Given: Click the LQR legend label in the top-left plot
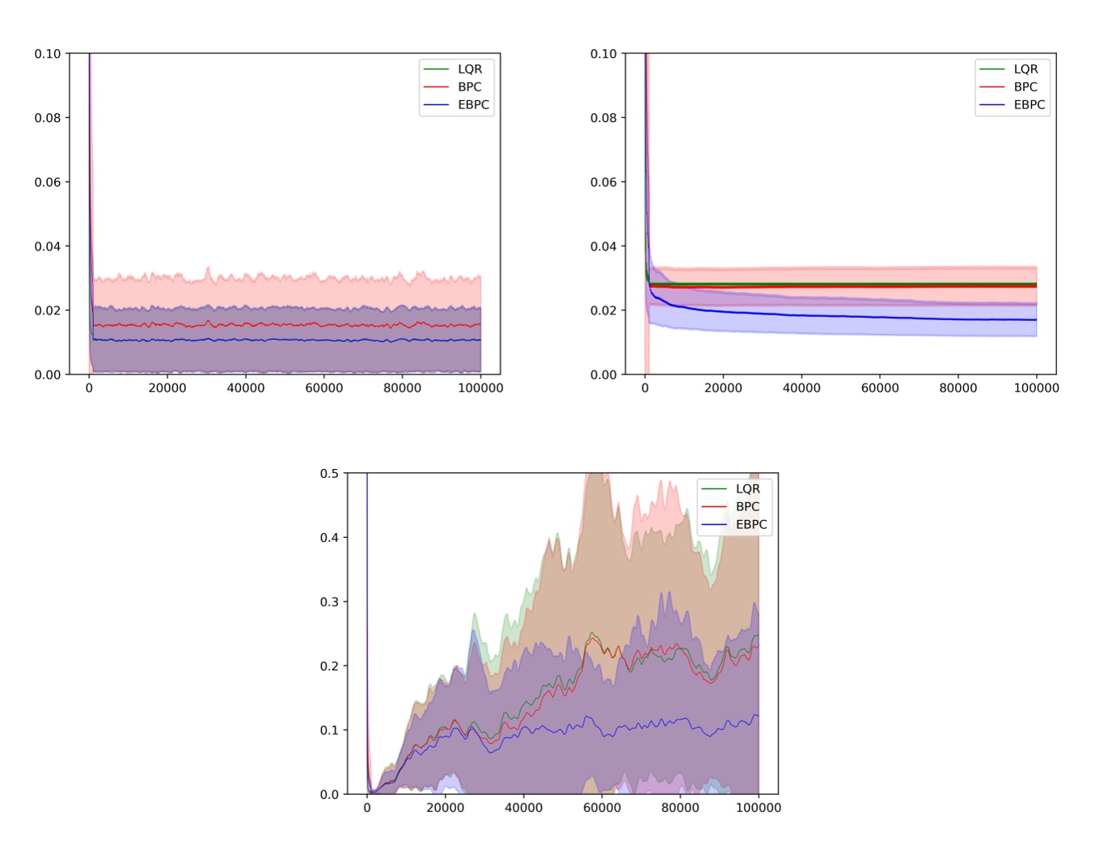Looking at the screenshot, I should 470,70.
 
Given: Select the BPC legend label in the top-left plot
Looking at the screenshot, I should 469,87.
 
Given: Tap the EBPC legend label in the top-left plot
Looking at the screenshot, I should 473,105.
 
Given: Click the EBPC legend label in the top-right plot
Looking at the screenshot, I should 1029,105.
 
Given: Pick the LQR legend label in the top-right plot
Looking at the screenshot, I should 1025,70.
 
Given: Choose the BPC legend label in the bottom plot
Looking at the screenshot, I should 747,507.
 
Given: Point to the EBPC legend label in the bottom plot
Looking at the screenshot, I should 751,525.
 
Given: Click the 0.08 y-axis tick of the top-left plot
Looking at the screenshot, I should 48,118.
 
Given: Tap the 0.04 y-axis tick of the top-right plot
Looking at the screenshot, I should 603,247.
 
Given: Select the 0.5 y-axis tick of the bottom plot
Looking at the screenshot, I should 329,474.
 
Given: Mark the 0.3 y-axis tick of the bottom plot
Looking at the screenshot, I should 329,602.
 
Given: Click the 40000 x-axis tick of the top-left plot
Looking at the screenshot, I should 246,388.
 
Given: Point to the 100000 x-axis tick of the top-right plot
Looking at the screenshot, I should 1036,388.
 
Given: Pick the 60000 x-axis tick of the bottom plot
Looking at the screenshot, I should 602,808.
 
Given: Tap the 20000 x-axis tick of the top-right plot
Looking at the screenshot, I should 723,388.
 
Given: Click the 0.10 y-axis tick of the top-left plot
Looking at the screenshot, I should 48,54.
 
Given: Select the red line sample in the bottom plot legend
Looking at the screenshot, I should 713,507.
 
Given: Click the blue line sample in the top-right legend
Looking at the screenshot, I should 991,105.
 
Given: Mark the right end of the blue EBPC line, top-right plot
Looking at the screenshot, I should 1036,319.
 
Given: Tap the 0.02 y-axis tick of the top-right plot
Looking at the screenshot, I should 603,311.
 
